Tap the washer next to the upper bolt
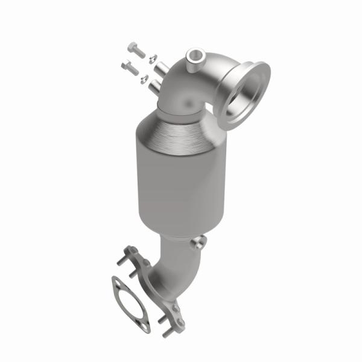(152, 59)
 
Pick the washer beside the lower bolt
(144, 78)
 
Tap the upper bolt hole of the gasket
(116, 282)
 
